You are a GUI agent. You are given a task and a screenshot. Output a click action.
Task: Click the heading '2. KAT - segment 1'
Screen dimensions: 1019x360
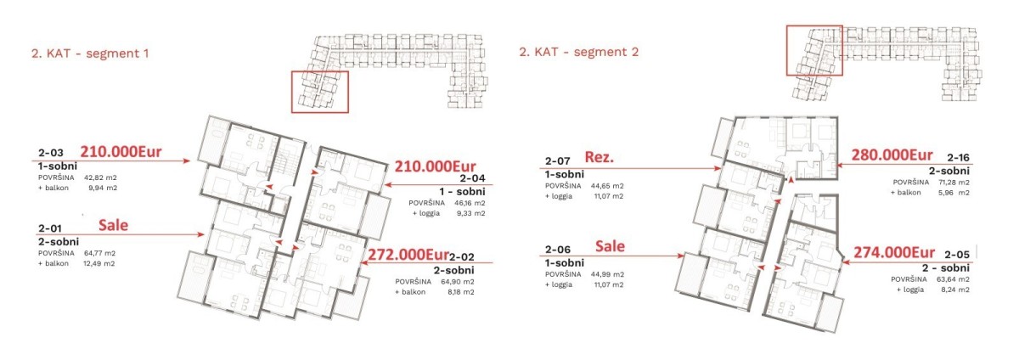[x=90, y=53]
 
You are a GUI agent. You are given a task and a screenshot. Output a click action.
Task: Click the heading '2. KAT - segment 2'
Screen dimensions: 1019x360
[x=578, y=52]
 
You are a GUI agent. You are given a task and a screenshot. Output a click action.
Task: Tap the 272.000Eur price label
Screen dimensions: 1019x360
[x=408, y=255]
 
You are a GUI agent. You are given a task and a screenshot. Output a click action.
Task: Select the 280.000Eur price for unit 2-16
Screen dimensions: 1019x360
[x=892, y=155]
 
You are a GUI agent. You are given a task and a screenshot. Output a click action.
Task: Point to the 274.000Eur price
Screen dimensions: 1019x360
[x=894, y=252]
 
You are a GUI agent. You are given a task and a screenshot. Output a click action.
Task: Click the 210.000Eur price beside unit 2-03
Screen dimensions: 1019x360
[x=121, y=151]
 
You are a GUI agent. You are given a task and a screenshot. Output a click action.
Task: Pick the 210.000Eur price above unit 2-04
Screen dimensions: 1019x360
[x=435, y=166]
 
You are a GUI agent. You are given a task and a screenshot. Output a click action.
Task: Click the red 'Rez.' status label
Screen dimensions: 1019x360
[x=600, y=157]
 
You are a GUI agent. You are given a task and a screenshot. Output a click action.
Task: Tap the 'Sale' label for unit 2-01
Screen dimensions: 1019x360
[x=113, y=225]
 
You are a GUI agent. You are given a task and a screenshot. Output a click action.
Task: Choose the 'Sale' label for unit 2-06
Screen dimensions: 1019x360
[x=610, y=246]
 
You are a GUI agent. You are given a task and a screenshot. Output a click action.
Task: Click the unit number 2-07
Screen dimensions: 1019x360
[x=558, y=160]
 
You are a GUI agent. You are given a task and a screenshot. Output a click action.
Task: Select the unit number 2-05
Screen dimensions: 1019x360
[x=957, y=255]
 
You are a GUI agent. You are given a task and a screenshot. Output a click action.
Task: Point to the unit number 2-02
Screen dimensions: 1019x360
[x=462, y=257]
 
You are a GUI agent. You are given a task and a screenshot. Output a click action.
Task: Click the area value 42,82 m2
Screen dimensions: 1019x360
[x=100, y=177]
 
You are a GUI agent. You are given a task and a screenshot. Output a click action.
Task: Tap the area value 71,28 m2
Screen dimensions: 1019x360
[x=953, y=182]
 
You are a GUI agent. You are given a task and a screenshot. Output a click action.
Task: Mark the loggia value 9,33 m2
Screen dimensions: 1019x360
[x=470, y=213]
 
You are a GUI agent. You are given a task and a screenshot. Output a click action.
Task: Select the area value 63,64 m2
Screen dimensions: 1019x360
[x=953, y=279]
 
